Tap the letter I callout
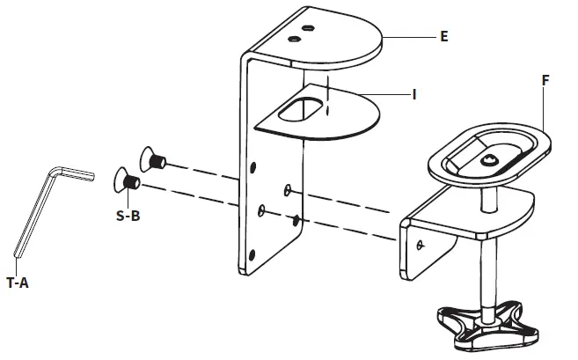click(413, 92)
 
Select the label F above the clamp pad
click(546, 79)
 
